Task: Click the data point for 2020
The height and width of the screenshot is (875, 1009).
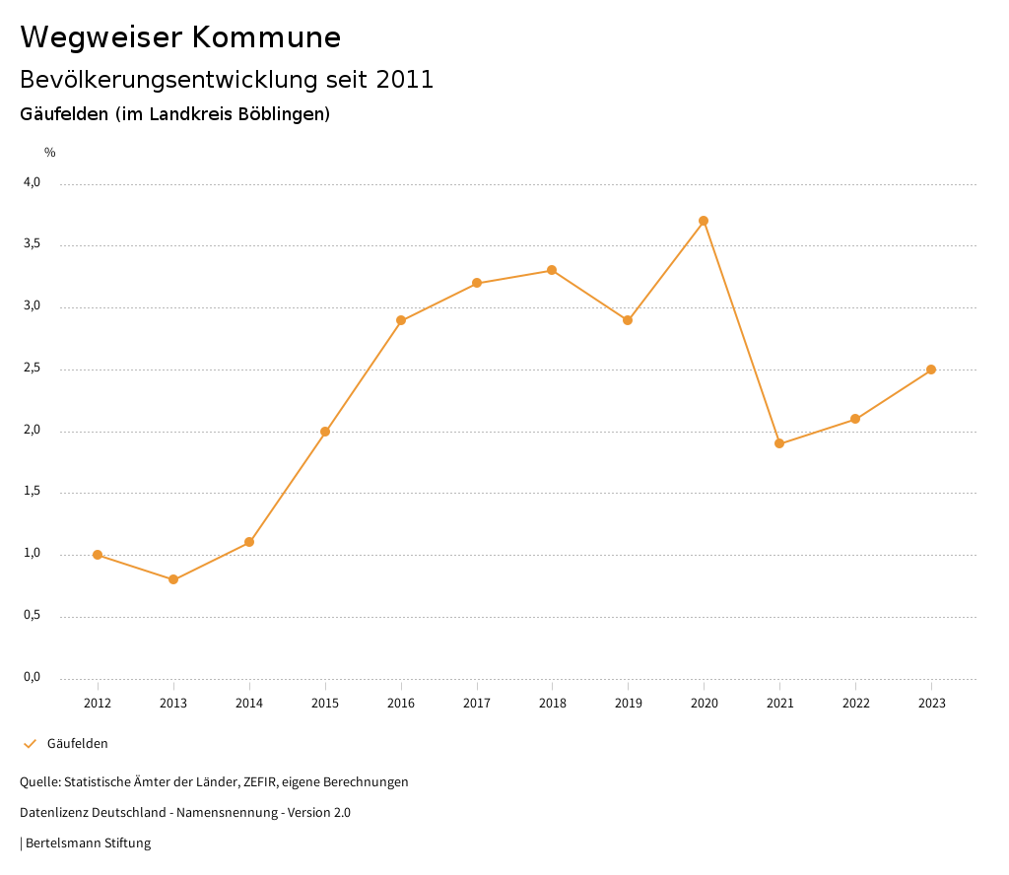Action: click(704, 221)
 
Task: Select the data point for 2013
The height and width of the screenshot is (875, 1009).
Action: click(173, 579)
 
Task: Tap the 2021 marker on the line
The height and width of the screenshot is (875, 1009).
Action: click(779, 443)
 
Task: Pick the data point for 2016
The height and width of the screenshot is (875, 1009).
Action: click(401, 320)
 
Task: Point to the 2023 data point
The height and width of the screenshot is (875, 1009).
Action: click(931, 370)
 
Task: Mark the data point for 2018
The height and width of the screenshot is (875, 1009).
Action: click(552, 270)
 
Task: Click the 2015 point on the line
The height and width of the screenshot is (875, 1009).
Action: click(325, 432)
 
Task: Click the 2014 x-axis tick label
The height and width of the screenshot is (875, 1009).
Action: click(249, 703)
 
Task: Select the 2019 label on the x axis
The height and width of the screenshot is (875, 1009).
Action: click(628, 703)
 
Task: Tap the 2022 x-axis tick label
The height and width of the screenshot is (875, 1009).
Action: click(855, 703)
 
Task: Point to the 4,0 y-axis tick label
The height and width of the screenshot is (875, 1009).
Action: click(33, 182)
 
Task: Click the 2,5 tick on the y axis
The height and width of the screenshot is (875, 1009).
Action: click(33, 369)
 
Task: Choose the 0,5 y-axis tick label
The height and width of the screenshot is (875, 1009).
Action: click(33, 616)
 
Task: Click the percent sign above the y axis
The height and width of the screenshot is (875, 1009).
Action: click(50, 152)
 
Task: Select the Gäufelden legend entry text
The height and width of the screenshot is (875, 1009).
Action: click(78, 744)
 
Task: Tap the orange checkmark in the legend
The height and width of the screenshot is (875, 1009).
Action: click(30, 744)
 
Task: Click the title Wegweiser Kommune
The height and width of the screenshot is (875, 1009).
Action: click(180, 37)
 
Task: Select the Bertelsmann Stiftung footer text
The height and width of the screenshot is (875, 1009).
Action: click(88, 843)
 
